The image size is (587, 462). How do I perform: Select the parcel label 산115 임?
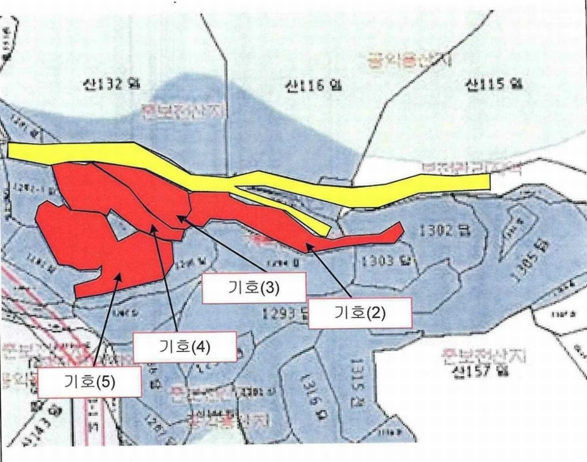[494, 85]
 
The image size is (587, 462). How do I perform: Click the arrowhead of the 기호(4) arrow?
[157, 229]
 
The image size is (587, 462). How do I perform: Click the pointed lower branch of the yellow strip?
[324, 230]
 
